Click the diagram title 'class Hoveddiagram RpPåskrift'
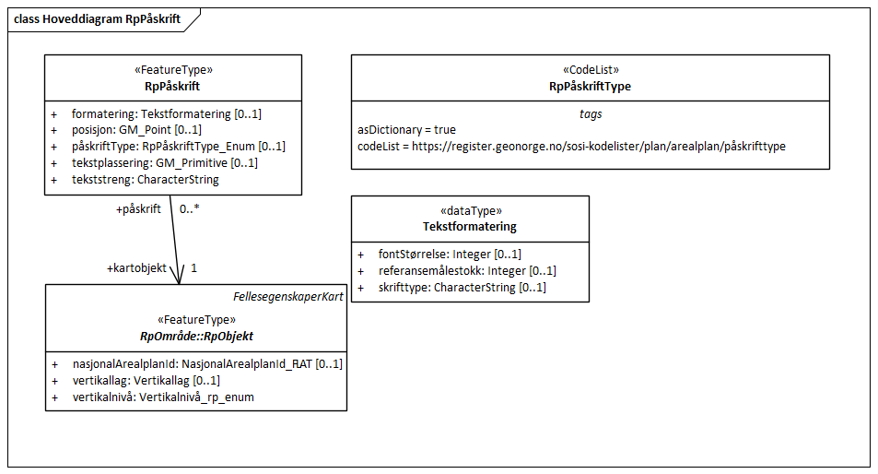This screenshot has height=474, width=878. pos(97,18)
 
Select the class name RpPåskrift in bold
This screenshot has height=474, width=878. pos(173,87)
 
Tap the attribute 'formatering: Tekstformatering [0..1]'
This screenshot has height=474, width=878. pos(166,113)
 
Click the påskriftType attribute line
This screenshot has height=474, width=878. pos(178,147)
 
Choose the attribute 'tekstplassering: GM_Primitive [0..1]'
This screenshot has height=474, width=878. pos(164,163)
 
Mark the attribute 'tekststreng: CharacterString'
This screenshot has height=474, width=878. pos(145,180)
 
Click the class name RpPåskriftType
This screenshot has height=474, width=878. pos(590,87)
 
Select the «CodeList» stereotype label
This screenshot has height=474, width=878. pos(590,70)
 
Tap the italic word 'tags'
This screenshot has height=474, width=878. pos(590,113)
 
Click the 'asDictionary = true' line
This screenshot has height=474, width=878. pos(406,130)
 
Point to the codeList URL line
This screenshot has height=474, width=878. pos(571,147)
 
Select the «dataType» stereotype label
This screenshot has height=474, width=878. pos(470,210)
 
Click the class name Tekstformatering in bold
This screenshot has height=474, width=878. pos(470,227)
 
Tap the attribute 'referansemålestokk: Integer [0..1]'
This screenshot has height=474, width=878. pos(467,270)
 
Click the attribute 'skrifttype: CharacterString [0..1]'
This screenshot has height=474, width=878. pos(462,287)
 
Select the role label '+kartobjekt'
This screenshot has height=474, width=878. pos(137,268)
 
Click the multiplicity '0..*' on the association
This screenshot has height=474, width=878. pos(190,209)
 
